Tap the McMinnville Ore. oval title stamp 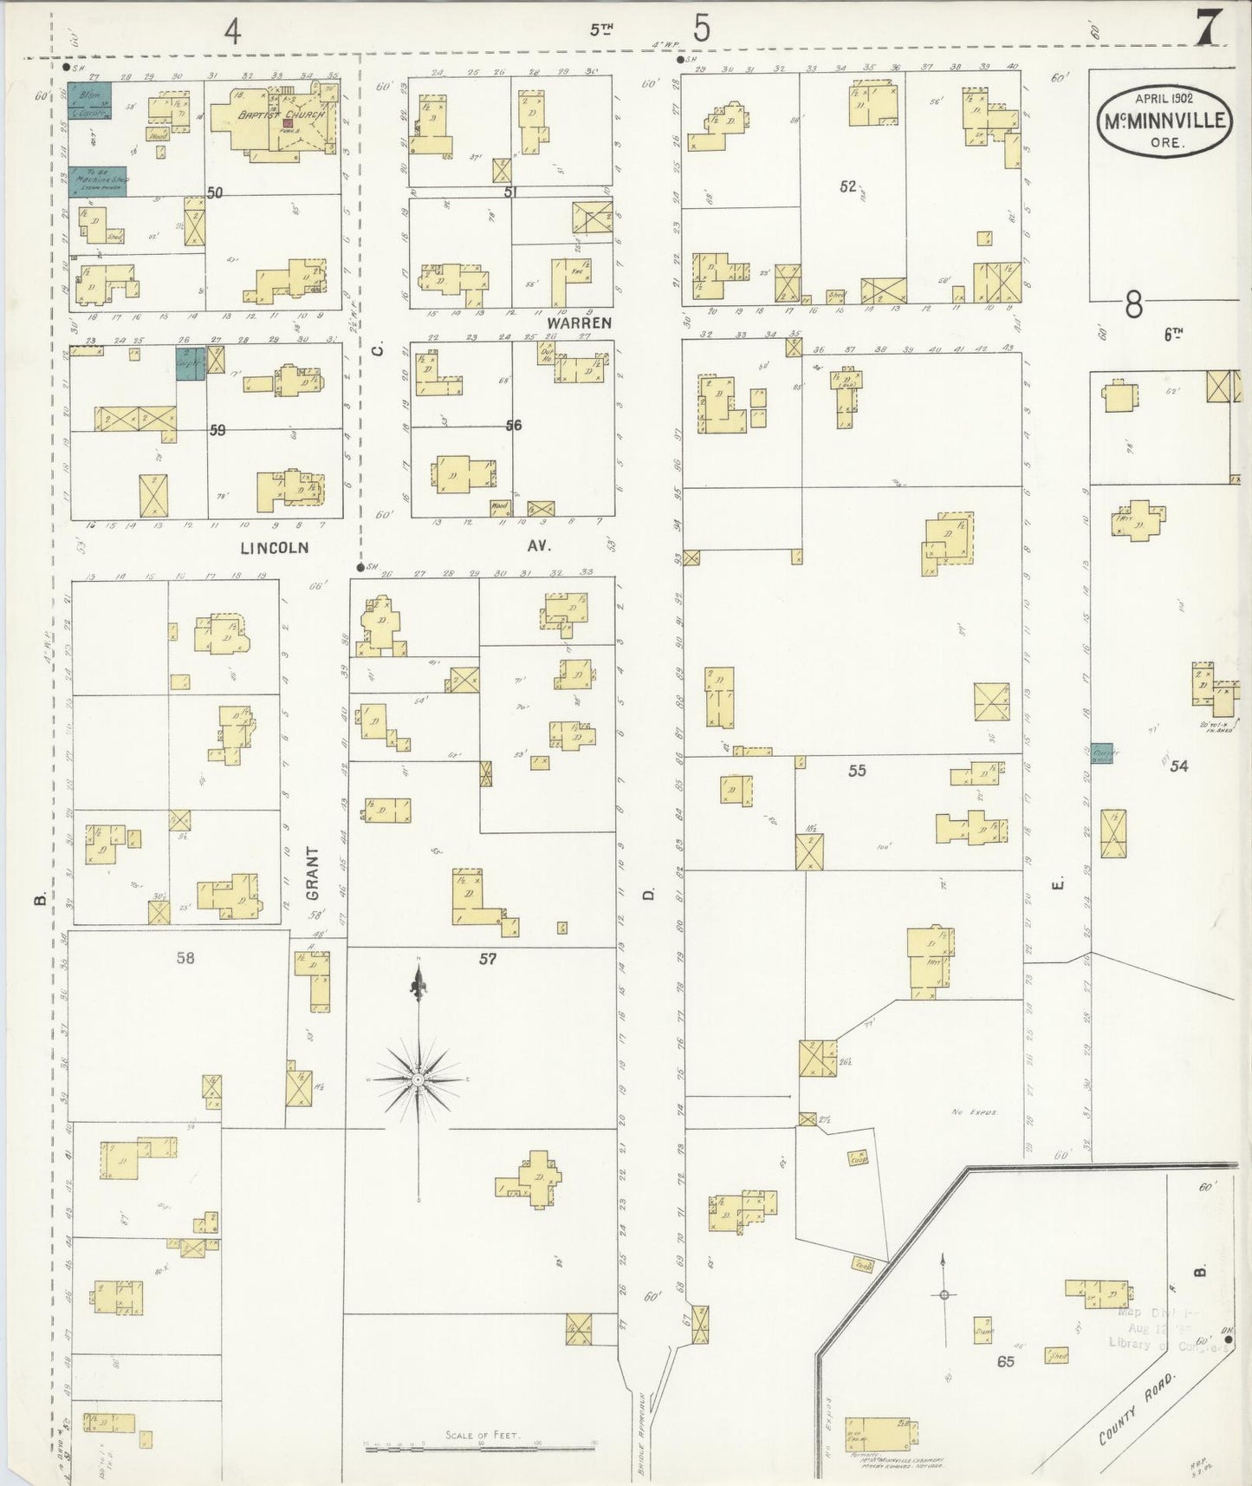(x=1165, y=121)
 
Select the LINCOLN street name (x=274, y=547)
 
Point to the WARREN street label (x=579, y=323)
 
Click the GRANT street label (x=313, y=873)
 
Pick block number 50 (x=215, y=192)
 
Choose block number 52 (x=847, y=186)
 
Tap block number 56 (x=514, y=425)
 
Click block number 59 (x=217, y=429)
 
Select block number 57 (x=488, y=959)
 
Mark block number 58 (x=185, y=957)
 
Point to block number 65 (x=1005, y=1361)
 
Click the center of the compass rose (x=418, y=1079)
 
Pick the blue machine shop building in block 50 (x=98, y=181)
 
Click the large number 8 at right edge (x=1133, y=305)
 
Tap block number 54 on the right (x=1178, y=766)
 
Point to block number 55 (x=856, y=770)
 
